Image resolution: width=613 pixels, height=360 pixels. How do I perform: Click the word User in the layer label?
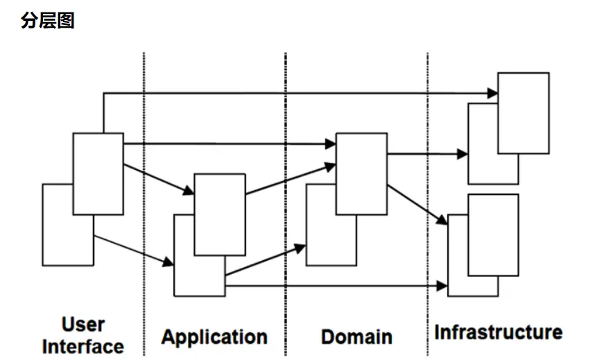click(x=83, y=324)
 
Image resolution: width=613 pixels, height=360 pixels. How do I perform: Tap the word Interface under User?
click(x=83, y=345)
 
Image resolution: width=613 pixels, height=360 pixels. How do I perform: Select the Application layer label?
click(x=214, y=337)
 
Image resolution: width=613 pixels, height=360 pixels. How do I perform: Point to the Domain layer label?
click(x=356, y=337)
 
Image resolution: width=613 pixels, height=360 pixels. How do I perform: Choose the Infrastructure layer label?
click(x=498, y=332)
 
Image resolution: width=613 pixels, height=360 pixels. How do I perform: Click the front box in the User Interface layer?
click(x=98, y=173)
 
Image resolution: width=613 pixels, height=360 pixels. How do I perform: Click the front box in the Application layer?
click(x=220, y=214)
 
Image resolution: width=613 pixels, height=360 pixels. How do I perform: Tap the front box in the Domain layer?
click(x=361, y=173)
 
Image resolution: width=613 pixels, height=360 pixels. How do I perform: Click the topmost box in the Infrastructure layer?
click(x=524, y=112)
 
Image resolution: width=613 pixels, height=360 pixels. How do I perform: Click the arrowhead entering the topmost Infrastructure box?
click(x=493, y=93)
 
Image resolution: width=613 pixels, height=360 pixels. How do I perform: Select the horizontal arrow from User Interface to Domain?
click(x=229, y=144)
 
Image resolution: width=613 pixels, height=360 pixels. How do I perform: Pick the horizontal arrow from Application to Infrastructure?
click(x=333, y=285)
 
